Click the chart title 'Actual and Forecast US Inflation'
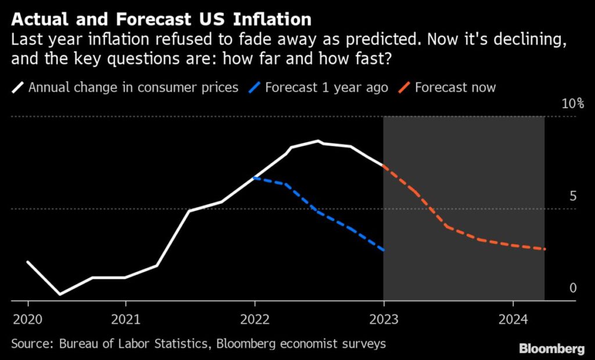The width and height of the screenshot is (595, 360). pos(162,19)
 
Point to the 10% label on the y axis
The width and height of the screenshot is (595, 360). pos(572,105)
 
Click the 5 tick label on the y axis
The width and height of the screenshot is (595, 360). pos(573,196)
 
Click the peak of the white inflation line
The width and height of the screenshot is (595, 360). pos(318,141)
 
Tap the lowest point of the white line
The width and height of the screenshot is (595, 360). pos(60,294)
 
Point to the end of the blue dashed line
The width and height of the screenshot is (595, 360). pos(383,250)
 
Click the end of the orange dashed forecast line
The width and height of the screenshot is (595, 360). pos(545,249)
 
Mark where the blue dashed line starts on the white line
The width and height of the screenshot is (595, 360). pos(255,178)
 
